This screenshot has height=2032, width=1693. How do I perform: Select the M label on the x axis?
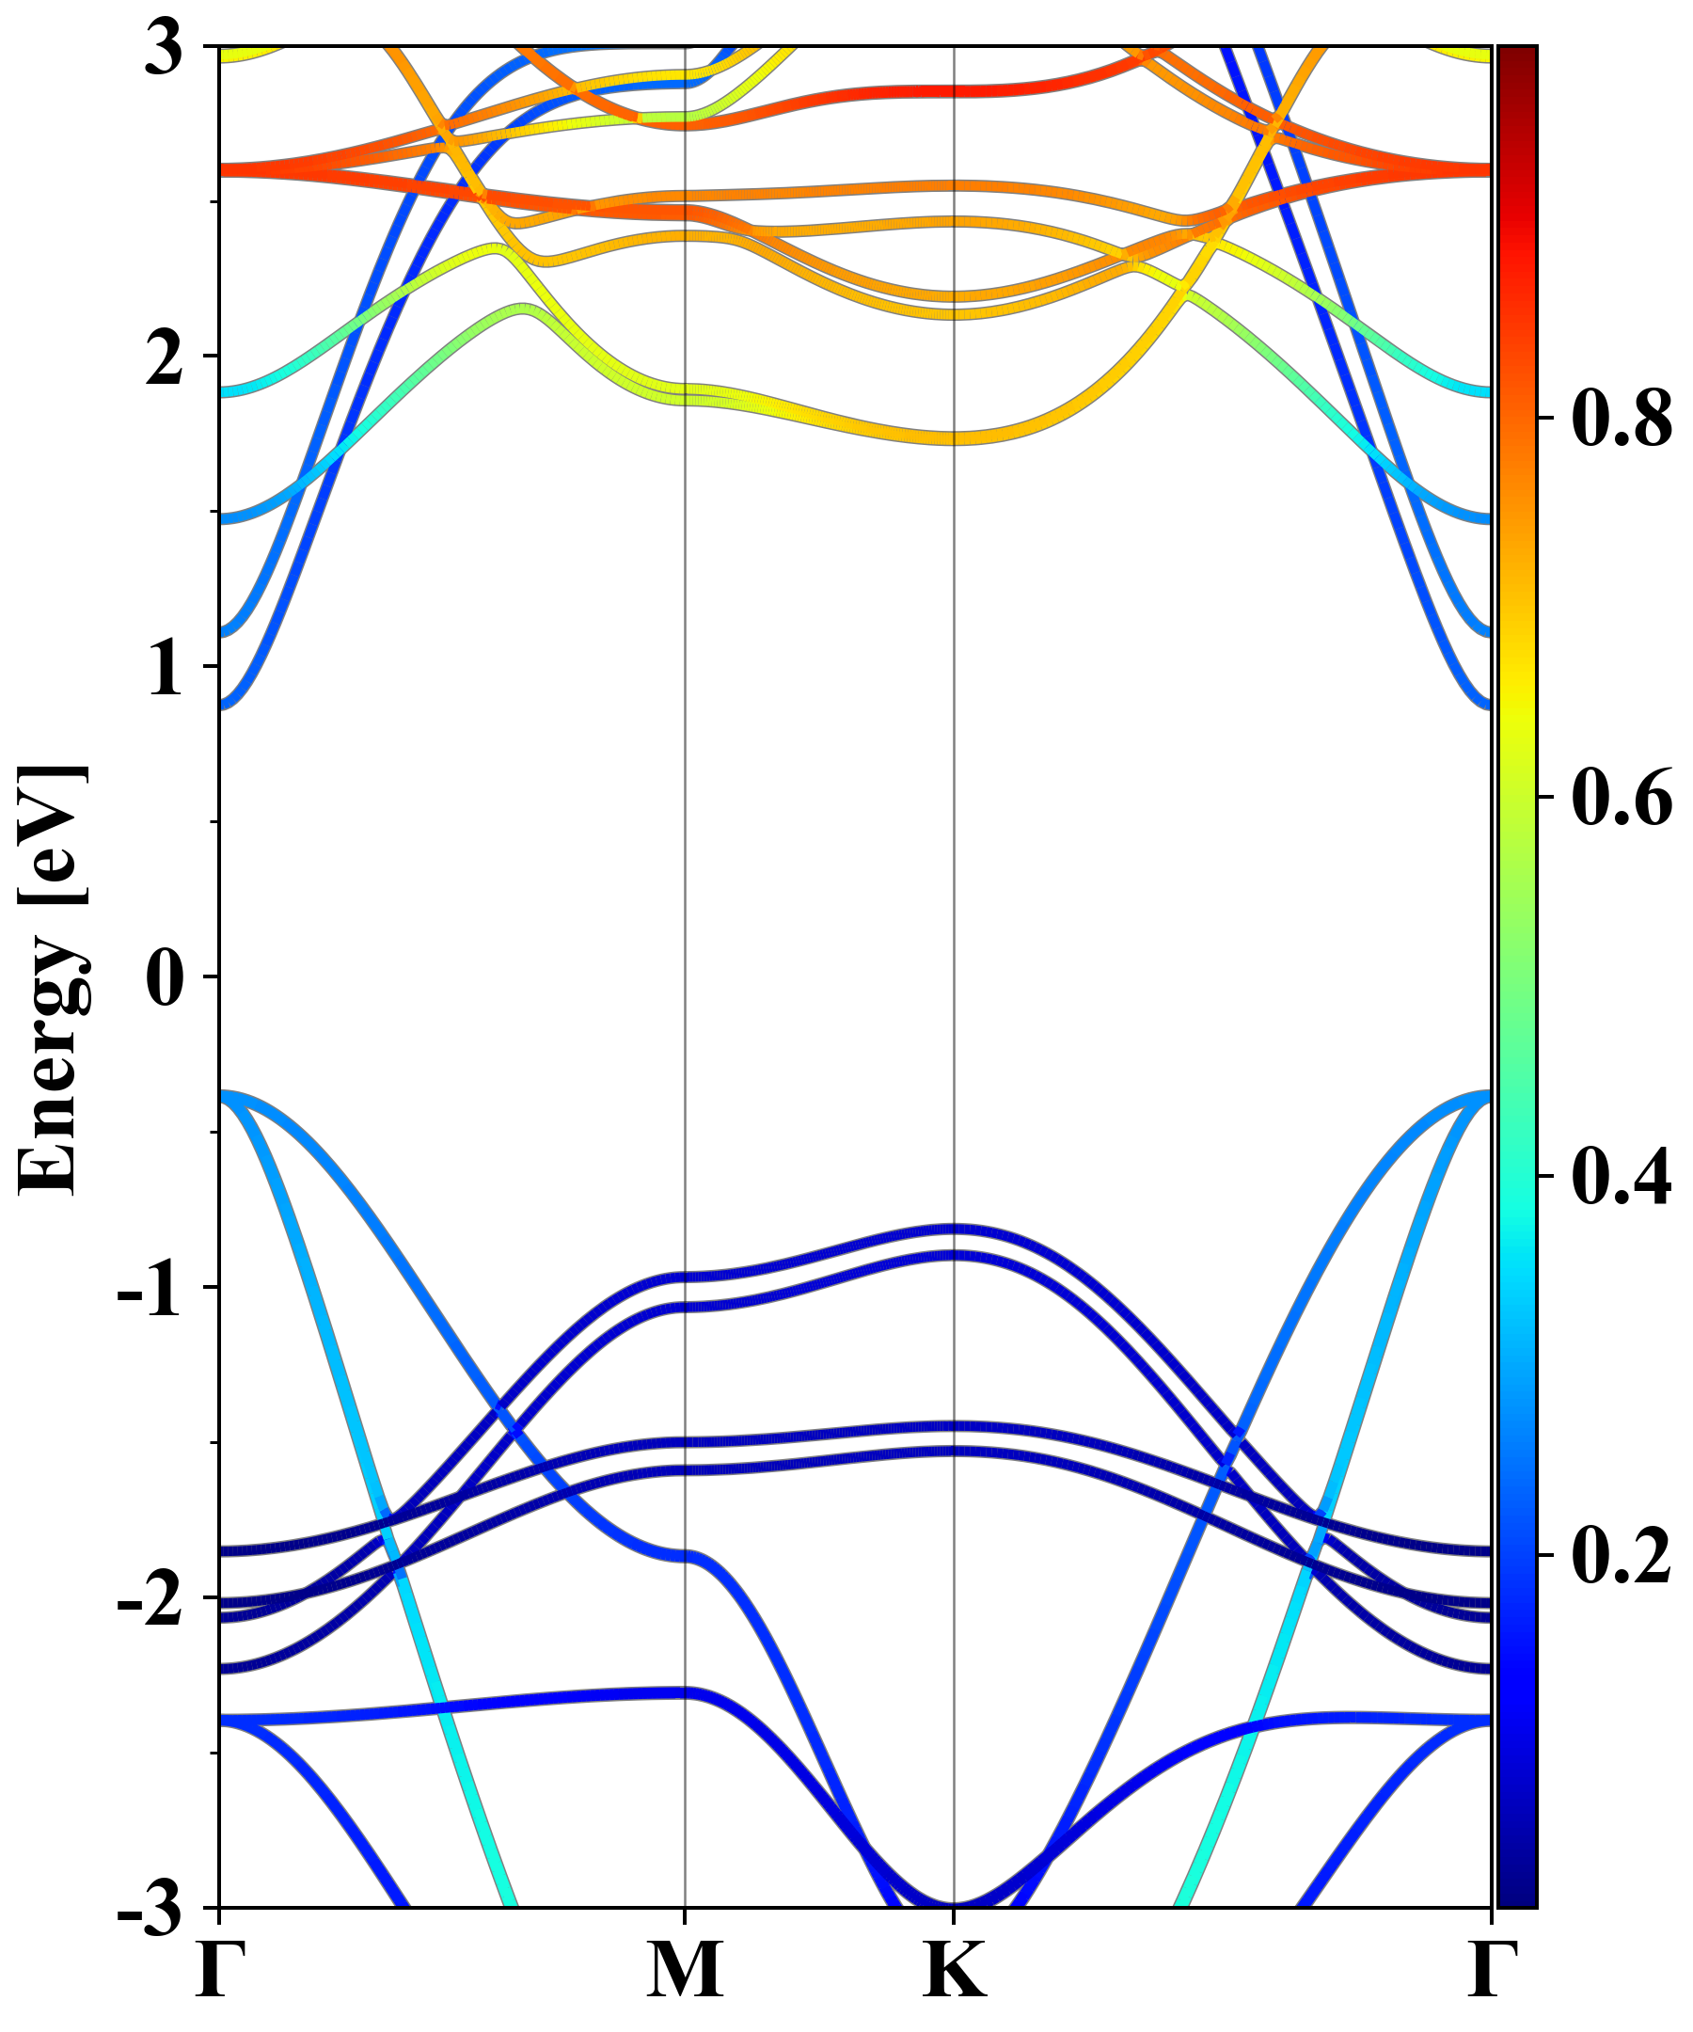pos(685,1971)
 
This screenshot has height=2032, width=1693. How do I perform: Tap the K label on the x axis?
pos(955,1971)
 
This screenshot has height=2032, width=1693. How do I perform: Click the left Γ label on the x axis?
pos(221,1971)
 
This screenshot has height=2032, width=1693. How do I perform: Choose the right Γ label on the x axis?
pos(1491,1971)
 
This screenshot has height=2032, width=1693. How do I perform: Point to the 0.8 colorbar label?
pos(1622,419)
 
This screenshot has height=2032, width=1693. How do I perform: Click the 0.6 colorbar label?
pos(1622,799)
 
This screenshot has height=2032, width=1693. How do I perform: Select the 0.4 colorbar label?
pos(1622,1177)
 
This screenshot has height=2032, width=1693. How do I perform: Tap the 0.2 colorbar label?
pos(1622,1556)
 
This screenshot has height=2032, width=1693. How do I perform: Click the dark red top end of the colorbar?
pos(1517,54)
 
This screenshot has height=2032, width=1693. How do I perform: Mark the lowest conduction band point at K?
pos(955,438)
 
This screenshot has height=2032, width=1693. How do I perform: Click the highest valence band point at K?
pos(955,1230)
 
